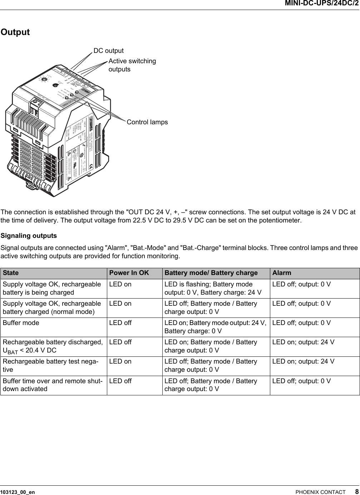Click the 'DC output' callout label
(108, 51)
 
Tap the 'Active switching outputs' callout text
(132, 65)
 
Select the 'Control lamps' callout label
(147, 122)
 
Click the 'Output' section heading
(15, 32)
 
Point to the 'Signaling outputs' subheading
(29, 236)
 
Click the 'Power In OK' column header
(129, 273)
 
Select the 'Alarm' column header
(282, 273)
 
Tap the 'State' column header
(11, 273)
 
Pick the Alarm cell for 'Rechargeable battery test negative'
(303, 361)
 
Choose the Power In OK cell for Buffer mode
(120, 323)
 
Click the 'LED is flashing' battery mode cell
(213, 288)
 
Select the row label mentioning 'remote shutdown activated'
(52, 385)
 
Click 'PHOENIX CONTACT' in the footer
(320, 492)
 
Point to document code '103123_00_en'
(18, 492)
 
